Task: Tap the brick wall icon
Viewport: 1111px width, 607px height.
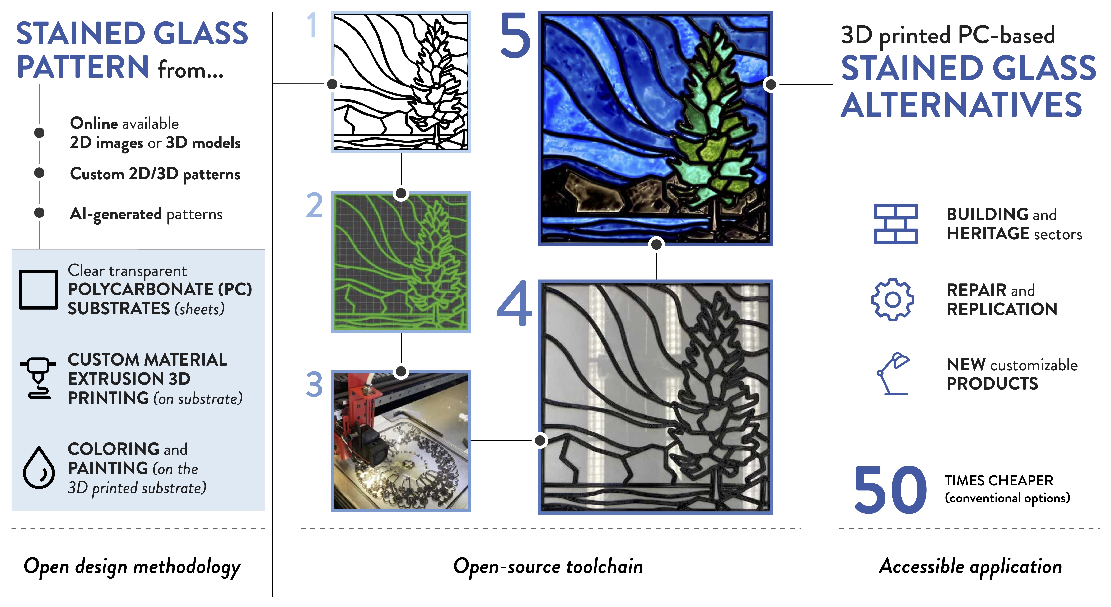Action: coord(896,224)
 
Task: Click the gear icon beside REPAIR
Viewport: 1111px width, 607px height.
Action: coord(892,299)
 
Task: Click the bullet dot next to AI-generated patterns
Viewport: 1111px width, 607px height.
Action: coord(39,212)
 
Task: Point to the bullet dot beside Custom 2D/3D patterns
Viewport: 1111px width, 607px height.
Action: coord(39,173)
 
